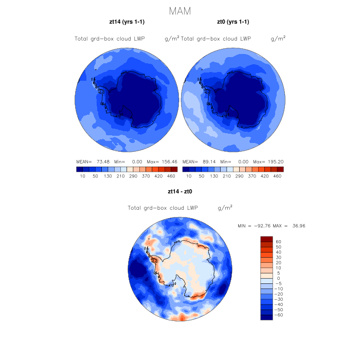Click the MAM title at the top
[x=180, y=11]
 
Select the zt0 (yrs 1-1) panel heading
[x=233, y=22]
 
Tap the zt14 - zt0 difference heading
[x=180, y=191]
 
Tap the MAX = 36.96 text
[x=291, y=226]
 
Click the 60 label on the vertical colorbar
[x=278, y=241]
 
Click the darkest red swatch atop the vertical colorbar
[x=266, y=239]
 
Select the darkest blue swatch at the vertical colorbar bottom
[x=266, y=317]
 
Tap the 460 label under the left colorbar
[x=171, y=176]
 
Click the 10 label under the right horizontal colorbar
[x=189, y=176]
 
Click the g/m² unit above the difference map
[x=225, y=208]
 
